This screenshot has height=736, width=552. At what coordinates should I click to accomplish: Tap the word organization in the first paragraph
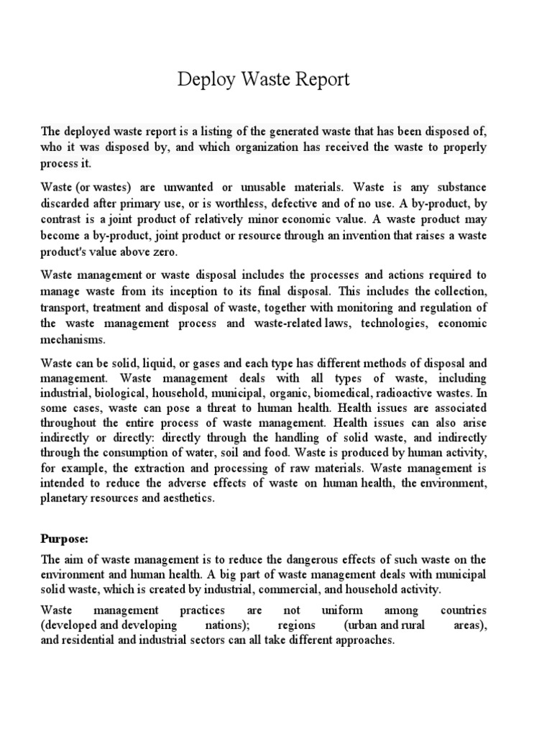250,147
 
